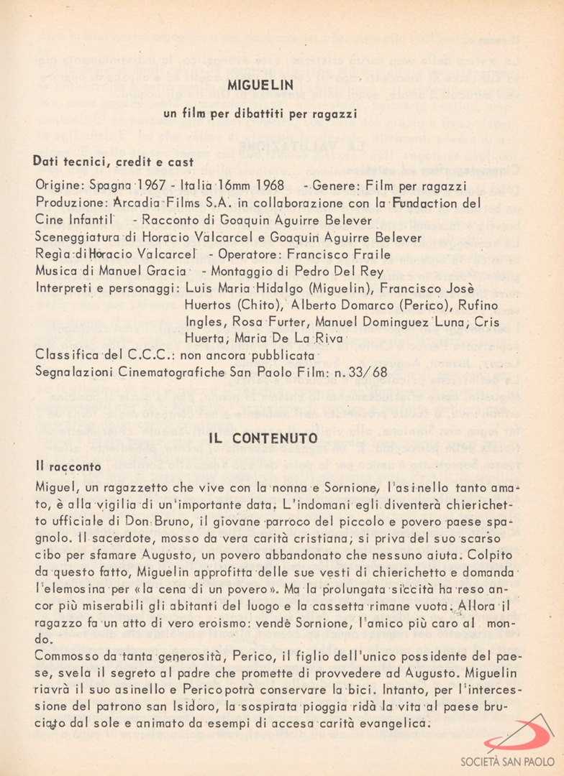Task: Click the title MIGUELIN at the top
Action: tap(260, 85)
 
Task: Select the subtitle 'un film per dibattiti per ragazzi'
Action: tap(260, 114)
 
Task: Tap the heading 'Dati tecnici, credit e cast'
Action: tap(113, 162)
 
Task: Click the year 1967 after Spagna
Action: tap(154, 186)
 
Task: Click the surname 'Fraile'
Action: tap(370, 254)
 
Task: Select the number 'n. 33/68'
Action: tap(365, 371)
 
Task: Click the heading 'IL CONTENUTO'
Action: tap(263, 438)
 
